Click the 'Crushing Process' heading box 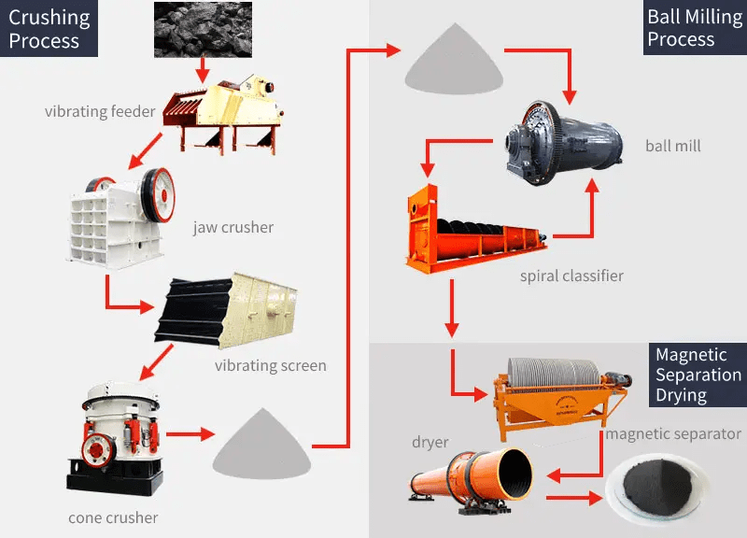click(49, 29)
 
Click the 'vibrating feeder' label click(100, 112)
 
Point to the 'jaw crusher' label click(233, 227)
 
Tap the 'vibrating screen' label click(271, 365)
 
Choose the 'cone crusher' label click(113, 517)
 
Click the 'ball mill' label click(672, 146)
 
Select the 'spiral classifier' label click(571, 276)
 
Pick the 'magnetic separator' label click(673, 434)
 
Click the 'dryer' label click(430, 442)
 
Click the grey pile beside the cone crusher click(261, 447)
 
